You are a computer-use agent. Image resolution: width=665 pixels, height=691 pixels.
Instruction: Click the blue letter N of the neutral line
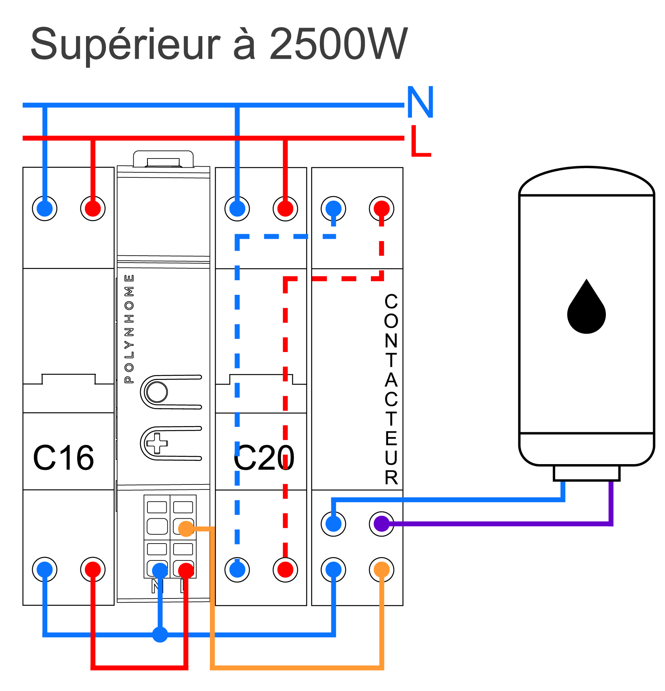[420, 102]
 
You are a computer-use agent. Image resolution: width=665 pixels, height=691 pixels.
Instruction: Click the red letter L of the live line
[421, 141]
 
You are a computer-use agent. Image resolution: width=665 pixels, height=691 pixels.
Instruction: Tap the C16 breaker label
[64, 458]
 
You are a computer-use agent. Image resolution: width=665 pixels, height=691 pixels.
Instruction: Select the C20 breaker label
[264, 458]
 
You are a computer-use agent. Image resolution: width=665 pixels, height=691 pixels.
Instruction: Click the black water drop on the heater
[586, 307]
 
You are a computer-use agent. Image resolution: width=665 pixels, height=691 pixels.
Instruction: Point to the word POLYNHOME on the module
[129, 329]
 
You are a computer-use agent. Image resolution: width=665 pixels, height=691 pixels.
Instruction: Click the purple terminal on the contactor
[382, 524]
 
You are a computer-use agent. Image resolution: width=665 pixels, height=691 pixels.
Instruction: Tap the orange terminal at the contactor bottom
[382, 570]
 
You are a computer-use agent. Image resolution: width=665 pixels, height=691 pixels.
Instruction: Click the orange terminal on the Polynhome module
[186, 529]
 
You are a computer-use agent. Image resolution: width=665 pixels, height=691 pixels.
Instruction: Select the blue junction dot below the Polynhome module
[160, 635]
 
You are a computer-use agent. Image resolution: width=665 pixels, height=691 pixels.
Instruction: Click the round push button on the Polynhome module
[157, 392]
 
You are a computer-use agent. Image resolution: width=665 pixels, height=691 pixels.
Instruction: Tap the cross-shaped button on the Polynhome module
[157, 443]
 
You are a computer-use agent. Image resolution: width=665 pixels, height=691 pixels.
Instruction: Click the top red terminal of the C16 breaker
[93, 208]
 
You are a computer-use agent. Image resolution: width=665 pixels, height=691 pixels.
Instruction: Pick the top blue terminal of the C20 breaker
[237, 208]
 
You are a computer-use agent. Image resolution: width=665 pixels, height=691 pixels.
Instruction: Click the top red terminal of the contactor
[382, 208]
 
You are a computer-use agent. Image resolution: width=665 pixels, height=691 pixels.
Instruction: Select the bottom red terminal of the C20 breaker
[285, 570]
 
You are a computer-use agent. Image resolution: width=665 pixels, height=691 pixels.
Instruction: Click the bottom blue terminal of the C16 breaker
[45, 570]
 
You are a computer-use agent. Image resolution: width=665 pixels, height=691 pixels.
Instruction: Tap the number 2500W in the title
[338, 44]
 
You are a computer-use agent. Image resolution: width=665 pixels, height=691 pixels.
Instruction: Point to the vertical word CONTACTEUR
[391, 390]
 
